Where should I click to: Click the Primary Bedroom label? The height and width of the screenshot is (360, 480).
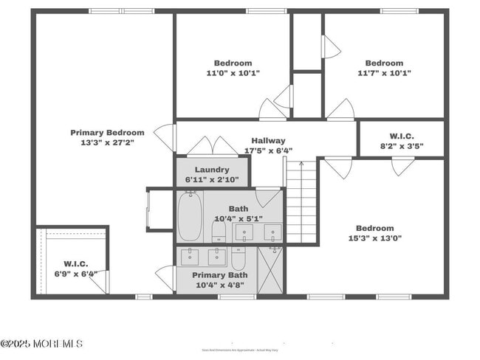point(107,133)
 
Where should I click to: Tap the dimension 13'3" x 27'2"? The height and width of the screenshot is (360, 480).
point(107,143)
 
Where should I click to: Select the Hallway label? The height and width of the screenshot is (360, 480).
point(268,141)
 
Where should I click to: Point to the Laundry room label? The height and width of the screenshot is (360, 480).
point(212,170)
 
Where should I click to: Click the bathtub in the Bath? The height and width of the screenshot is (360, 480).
point(190,217)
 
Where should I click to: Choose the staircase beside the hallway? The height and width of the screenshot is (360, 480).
point(301,203)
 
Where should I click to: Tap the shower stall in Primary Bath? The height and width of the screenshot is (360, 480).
point(270,270)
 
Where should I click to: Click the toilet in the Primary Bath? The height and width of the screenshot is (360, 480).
point(239,258)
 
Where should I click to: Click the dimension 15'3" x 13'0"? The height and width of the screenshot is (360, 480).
point(375,238)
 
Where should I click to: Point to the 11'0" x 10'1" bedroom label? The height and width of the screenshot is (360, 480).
point(233,73)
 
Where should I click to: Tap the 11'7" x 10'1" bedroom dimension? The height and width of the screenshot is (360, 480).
point(384,73)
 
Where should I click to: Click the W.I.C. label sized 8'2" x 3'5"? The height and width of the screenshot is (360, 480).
point(402,136)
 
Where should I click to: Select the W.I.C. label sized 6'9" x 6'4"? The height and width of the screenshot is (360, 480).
point(75,263)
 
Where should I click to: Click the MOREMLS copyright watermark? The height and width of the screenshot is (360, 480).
point(42,344)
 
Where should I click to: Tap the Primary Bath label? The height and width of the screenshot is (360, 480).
point(219,275)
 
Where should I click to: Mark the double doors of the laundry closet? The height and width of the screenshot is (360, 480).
point(212,146)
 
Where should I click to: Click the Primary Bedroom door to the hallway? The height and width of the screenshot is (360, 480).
point(167,137)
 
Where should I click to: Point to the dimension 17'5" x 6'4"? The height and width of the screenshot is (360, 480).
point(268,151)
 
